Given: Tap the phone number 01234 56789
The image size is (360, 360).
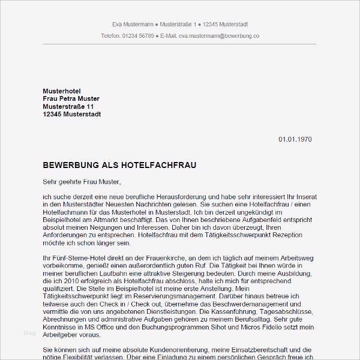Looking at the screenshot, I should pyautogui.click(x=137, y=36).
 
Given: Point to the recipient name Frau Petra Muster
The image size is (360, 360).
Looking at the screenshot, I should pyautogui.click(x=71, y=98).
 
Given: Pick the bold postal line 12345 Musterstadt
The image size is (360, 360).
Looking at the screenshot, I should pyautogui.click(x=71, y=114).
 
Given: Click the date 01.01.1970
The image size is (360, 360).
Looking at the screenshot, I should pyautogui.click(x=295, y=139).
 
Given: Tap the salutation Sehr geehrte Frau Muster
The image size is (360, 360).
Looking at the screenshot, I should pyautogui.click(x=82, y=181).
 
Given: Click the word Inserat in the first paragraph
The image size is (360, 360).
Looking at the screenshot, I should pyautogui.click(x=305, y=197).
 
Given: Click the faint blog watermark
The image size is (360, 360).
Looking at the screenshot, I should pyautogui.click(x=29, y=332).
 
